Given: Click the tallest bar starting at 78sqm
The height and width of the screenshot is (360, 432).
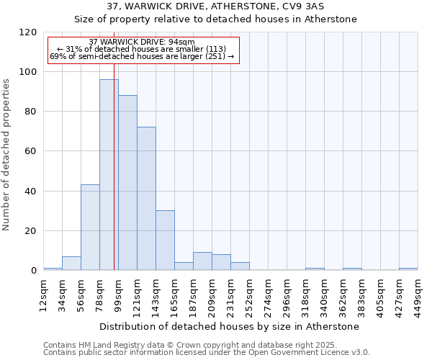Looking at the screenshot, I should [109, 175].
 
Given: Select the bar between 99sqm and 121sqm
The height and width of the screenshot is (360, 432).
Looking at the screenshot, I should [127, 183].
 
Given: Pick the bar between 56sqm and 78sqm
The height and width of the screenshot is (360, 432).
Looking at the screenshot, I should [90, 228].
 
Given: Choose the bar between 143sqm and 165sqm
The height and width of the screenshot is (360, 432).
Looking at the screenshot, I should [165, 240].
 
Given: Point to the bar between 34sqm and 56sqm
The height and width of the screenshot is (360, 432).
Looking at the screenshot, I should [71, 264].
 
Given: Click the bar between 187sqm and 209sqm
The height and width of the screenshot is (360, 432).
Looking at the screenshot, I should [202, 261].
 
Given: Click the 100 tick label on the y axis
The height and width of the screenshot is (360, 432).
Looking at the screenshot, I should [28, 72].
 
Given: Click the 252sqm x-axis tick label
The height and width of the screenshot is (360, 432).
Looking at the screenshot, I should [249, 294].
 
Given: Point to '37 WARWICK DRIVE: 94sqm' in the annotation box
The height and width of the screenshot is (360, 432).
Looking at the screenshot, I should [142, 42].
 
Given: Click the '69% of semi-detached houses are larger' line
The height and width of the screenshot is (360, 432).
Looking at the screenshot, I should [142, 56].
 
